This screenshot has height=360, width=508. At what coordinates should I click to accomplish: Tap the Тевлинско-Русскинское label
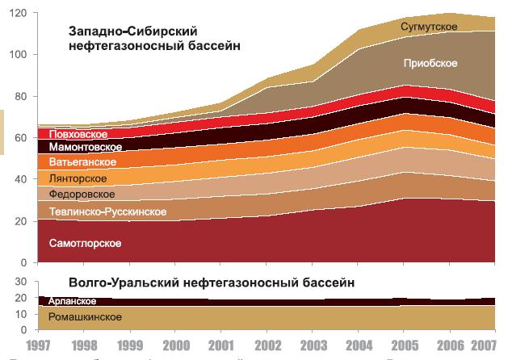(x=107, y=211)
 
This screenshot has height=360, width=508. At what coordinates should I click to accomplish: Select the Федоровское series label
(x=82, y=195)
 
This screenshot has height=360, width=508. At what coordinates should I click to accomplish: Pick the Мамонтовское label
(x=86, y=147)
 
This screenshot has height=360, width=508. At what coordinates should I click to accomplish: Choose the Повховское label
(x=78, y=133)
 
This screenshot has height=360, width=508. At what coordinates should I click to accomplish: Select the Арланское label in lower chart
(x=73, y=300)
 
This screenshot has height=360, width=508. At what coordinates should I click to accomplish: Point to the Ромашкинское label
(x=85, y=317)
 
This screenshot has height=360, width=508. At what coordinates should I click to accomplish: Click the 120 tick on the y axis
(x=19, y=14)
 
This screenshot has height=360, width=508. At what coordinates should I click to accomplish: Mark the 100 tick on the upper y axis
(x=19, y=55)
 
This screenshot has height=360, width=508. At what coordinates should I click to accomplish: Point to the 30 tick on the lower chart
(x=22, y=281)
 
